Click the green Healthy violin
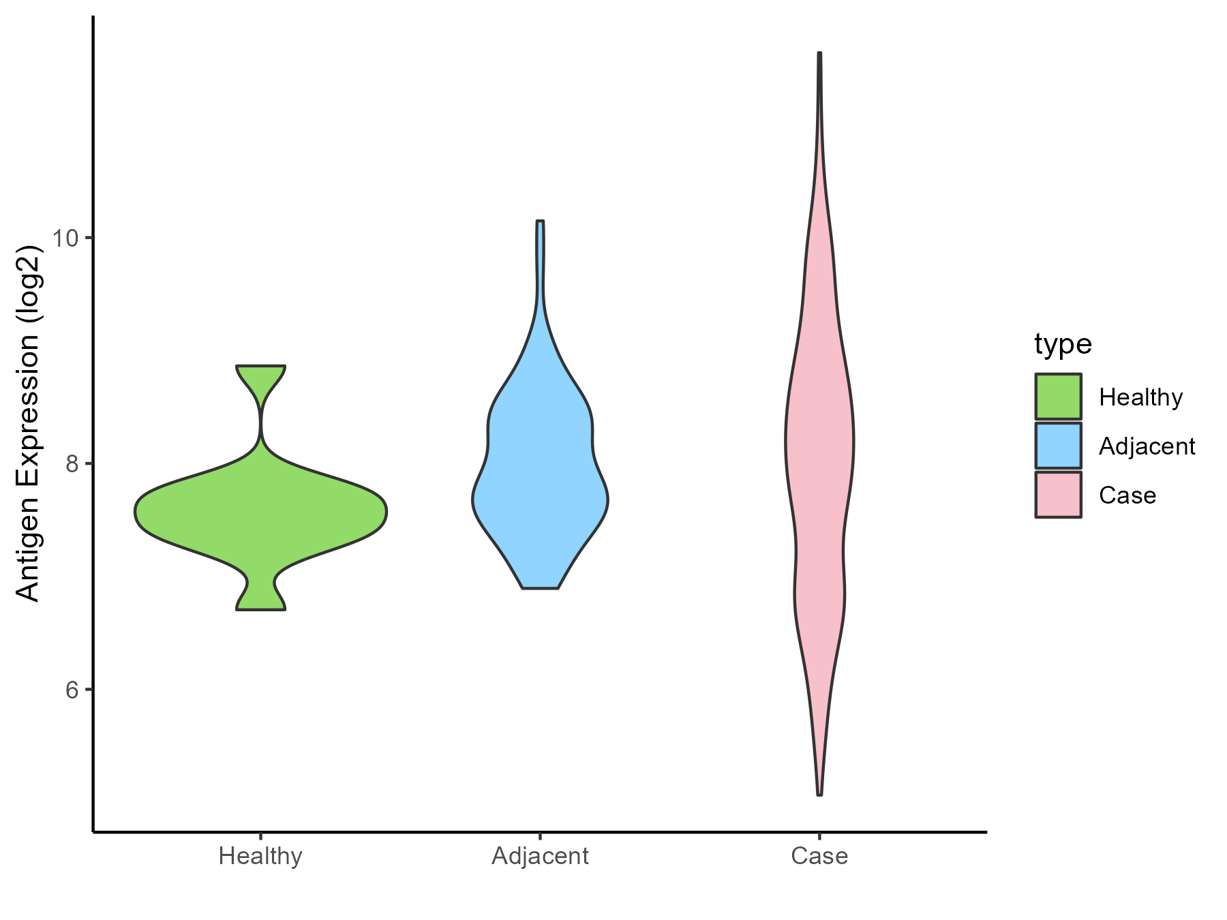click(261, 512)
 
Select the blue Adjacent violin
click(540, 477)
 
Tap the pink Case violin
click(819, 443)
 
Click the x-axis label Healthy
click(260, 856)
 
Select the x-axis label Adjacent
click(540, 856)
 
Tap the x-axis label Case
click(819, 856)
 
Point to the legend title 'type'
click(1063, 344)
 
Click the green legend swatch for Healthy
click(1058, 397)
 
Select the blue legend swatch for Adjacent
click(1058, 446)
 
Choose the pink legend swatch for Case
click(1058, 495)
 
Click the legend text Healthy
click(1140, 397)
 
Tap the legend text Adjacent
click(1147, 446)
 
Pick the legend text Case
click(1127, 495)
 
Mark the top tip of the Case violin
click(819, 54)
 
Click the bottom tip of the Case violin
click(819, 794)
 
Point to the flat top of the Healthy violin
click(260, 367)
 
